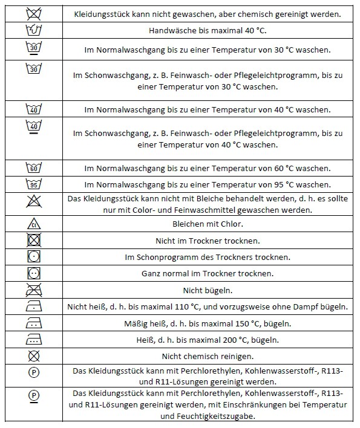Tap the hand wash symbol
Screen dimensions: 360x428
pyautogui.click(x=34, y=30)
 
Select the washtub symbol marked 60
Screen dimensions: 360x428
pyautogui.click(x=34, y=167)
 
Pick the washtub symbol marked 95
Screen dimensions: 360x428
pyautogui.click(x=34, y=184)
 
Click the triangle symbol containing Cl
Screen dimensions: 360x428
pyautogui.click(x=34, y=224)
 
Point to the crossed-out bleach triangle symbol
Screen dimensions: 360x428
pyautogui.click(x=34, y=204)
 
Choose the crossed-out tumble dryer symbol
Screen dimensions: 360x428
pyautogui.click(x=34, y=241)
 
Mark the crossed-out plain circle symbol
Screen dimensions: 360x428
pyautogui.click(x=34, y=356)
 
